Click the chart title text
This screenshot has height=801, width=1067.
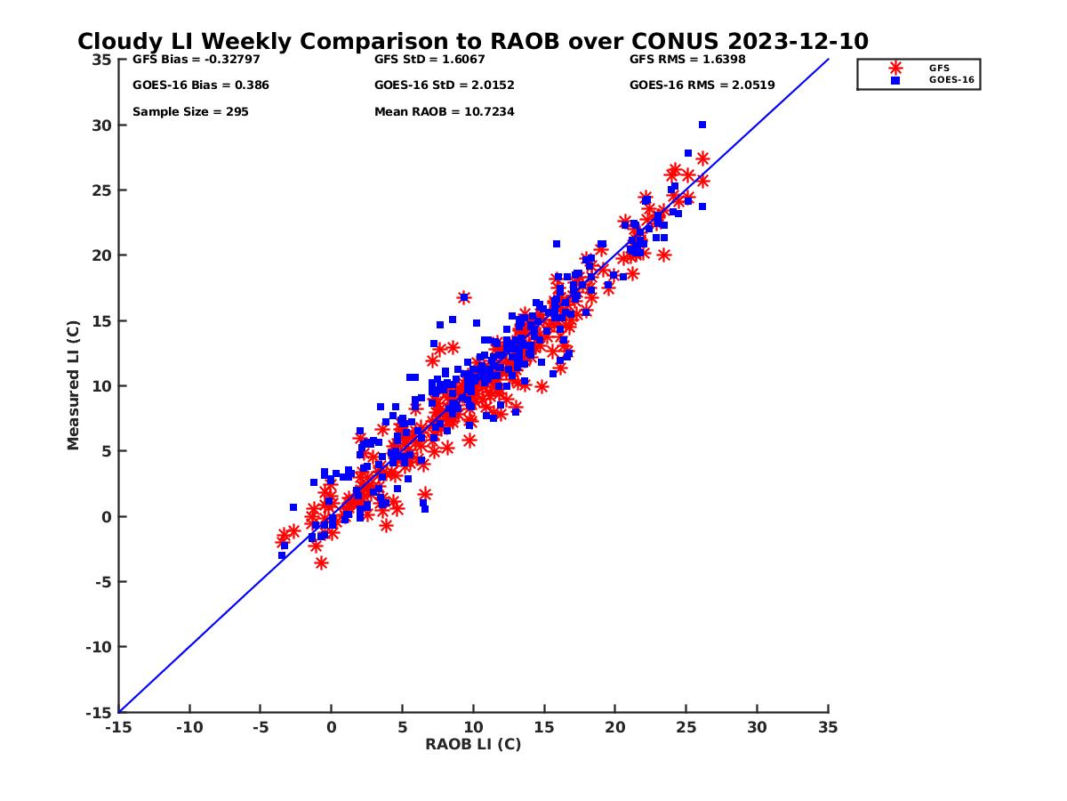tap(472, 42)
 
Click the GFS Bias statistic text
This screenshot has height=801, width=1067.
tap(184, 60)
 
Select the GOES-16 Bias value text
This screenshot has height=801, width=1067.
tap(200, 85)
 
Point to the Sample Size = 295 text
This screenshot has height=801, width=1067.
tap(190, 112)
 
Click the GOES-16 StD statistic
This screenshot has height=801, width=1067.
tap(444, 85)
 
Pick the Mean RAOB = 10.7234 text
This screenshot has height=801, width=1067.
tap(444, 112)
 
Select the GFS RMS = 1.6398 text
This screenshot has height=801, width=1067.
tap(687, 60)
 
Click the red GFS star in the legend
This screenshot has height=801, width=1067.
tap(895, 68)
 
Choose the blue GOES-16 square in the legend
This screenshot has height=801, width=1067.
tap(895, 80)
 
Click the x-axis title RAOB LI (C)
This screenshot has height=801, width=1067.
tap(473, 744)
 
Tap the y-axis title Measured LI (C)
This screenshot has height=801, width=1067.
tap(73, 385)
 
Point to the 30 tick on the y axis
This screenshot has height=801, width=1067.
tap(103, 125)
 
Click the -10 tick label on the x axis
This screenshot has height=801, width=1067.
tap(189, 727)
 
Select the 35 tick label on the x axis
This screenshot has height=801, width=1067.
tap(828, 727)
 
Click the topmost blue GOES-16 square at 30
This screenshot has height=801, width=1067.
tap(702, 125)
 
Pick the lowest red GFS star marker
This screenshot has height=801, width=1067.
tap(321, 562)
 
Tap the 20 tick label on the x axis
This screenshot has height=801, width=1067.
tap(615, 727)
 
